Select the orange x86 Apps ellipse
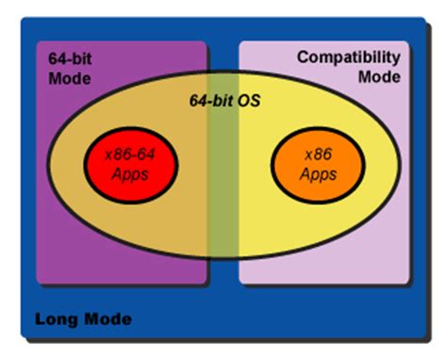[x=317, y=167]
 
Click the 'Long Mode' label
[x=83, y=319]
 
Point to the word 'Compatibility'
[x=348, y=57]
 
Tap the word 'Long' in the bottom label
[x=55, y=319]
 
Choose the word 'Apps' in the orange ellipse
[x=318, y=175]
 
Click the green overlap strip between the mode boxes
[x=223, y=188]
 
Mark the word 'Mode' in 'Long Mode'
[x=106, y=319]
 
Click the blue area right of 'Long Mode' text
[x=283, y=320]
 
